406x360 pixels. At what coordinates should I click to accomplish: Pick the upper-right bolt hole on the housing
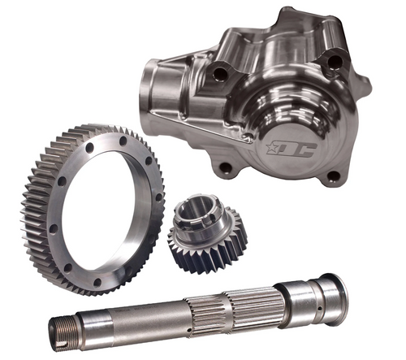point(333,59)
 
